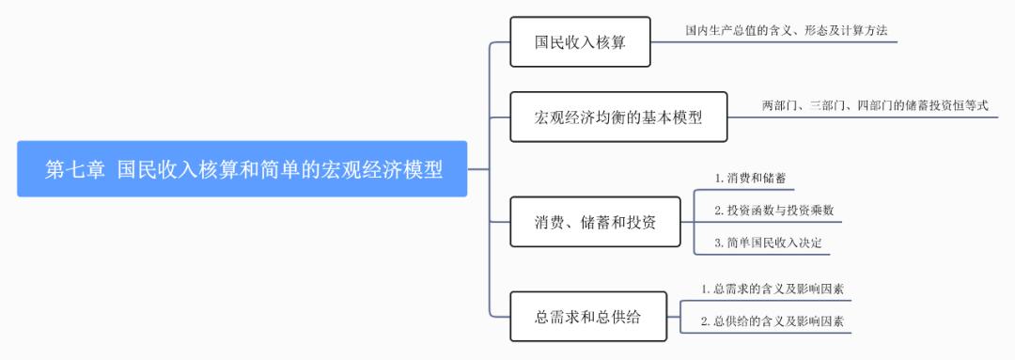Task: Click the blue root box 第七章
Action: (x=242, y=169)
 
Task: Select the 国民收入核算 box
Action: (x=580, y=42)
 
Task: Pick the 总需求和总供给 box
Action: (x=587, y=317)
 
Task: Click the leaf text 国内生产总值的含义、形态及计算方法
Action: (x=786, y=31)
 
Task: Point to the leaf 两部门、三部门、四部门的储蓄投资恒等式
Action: (x=874, y=106)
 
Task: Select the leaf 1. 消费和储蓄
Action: (x=748, y=177)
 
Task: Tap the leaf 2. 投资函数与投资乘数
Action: (x=773, y=210)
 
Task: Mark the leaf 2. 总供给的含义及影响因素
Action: (x=772, y=321)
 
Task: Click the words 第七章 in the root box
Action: (x=74, y=169)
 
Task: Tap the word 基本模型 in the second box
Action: (x=667, y=117)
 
